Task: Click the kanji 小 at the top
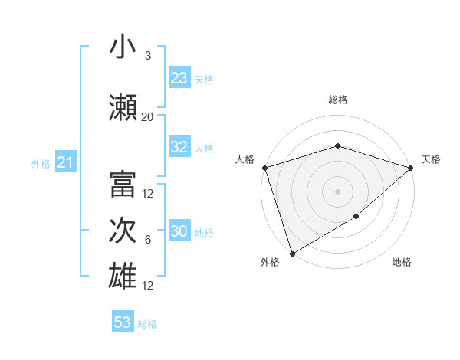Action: tap(123, 47)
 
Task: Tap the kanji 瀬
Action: tap(123, 107)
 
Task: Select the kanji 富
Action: tap(123, 185)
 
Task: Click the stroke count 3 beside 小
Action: tap(148, 56)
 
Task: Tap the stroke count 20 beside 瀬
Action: tap(148, 117)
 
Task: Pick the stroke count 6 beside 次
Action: tap(148, 240)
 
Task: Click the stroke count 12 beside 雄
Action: tap(148, 286)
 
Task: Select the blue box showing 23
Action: tap(179, 78)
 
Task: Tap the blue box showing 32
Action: tap(179, 148)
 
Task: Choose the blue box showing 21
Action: tap(65, 162)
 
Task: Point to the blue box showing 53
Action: tap(123, 322)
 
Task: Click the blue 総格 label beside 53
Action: tap(147, 324)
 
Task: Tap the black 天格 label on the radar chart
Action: tap(431, 159)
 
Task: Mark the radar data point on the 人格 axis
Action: tap(264, 168)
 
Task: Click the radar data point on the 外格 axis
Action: tap(292, 253)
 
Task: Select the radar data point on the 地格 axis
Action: tap(356, 217)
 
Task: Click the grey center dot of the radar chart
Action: tap(337, 191)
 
